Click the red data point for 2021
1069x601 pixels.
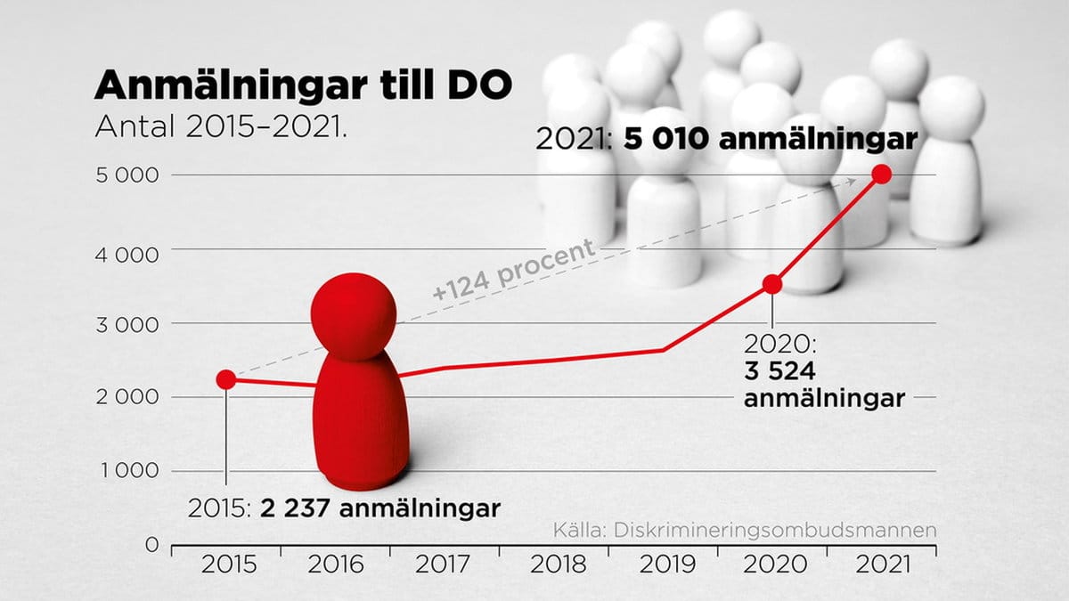882,174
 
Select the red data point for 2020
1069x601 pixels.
772,284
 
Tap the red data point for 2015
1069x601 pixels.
226,379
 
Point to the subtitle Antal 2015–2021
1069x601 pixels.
219,126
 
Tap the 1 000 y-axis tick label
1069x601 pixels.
127,471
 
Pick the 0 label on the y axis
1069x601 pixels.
152,544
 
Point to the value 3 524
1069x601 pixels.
781,371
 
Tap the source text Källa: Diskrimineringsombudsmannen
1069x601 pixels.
743,531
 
